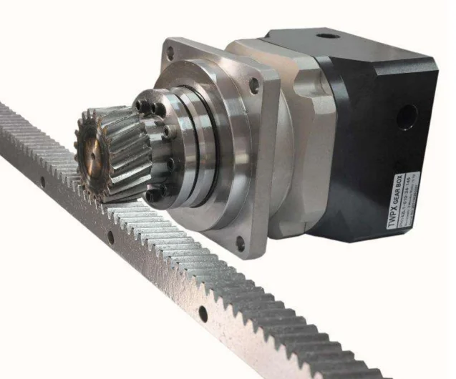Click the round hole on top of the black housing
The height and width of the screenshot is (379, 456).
point(328,36)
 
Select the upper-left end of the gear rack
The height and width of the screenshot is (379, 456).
point(6,114)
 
